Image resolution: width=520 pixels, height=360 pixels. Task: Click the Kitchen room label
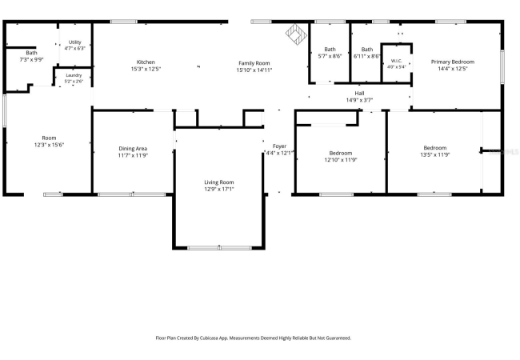tap(146, 62)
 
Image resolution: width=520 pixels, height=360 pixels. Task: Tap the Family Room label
tap(254, 63)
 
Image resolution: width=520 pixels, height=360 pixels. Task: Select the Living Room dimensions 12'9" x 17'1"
tap(219, 189)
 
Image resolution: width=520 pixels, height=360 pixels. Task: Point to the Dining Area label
tap(133, 149)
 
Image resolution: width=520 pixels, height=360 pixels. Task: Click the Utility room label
tap(75, 42)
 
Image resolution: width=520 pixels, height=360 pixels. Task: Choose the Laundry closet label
tap(74, 75)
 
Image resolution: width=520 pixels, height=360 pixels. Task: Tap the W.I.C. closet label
tap(397, 61)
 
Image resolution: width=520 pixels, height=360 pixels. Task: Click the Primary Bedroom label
tap(453, 62)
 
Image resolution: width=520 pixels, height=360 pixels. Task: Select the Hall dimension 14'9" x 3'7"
tap(359, 100)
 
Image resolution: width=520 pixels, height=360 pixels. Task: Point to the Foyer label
tap(279, 146)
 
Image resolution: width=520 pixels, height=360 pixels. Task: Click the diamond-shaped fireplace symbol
tap(296, 33)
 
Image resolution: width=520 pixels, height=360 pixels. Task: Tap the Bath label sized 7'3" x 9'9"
tap(32, 53)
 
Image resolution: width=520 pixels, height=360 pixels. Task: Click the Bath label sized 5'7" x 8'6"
tap(330, 49)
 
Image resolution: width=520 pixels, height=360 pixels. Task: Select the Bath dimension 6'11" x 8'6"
tap(366, 56)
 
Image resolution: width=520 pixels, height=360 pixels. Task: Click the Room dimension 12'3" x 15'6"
tap(49, 145)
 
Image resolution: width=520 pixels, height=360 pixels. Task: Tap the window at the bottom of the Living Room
tap(219, 248)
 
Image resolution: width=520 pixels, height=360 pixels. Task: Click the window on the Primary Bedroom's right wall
tap(502, 66)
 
